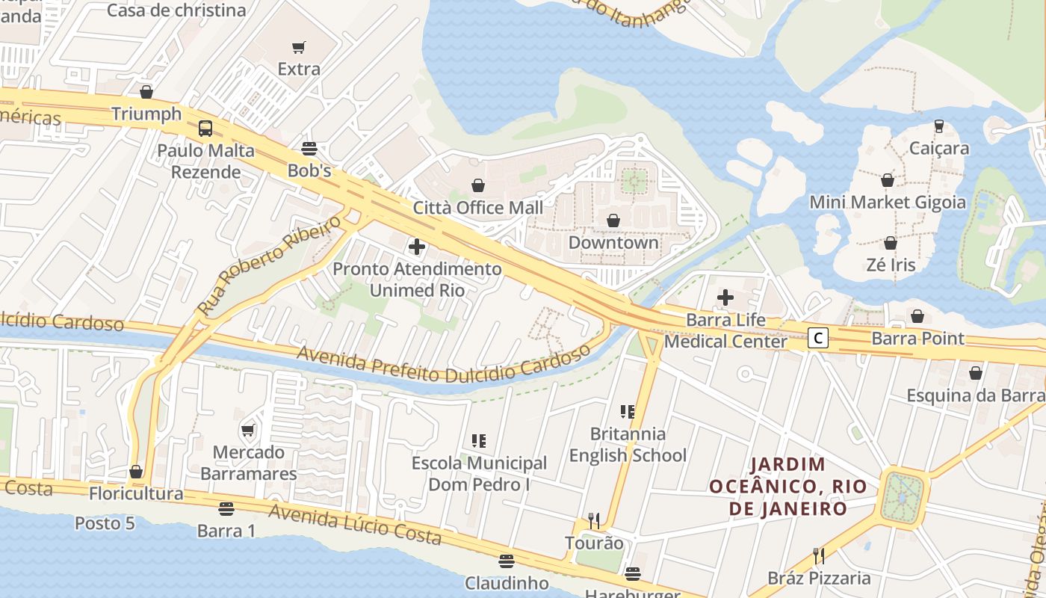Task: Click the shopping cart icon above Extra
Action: pyautogui.click(x=299, y=48)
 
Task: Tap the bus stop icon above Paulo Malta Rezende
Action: pyautogui.click(x=205, y=128)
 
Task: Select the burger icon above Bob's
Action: pyautogui.click(x=309, y=148)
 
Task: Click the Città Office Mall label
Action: pyautogui.click(x=478, y=207)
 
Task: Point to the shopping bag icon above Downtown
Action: pyautogui.click(x=613, y=221)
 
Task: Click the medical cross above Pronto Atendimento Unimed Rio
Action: pyautogui.click(x=417, y=247)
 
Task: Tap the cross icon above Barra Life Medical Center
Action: pyautogui.click(x=725, y=298)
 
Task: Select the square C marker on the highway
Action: pyautogui.click(x=818, y=339)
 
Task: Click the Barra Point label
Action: pyautogui.click(x=917, y=338)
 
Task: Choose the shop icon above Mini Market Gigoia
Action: pyautogui.click(x=888, y=180)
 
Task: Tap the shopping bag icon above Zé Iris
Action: pyautogui.click(x=891, y=243)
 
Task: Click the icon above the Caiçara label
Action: pyautogui.click(x=939, y=126)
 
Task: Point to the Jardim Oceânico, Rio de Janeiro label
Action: pyautogui.click(x=787, y=487)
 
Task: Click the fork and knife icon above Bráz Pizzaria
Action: pyautogui.click(x=819, y=555)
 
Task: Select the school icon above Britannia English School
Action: pyautogui.click(x=628, y=411)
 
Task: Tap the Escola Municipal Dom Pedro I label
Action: pyautogui.click(x=479, y=474)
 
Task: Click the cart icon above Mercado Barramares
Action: pyautogui.click(x=248, y=430)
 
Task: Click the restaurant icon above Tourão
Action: pyautogui.click(x=594, y=520)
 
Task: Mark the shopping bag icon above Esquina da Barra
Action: pyautogui.click(x=976, y=373)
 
